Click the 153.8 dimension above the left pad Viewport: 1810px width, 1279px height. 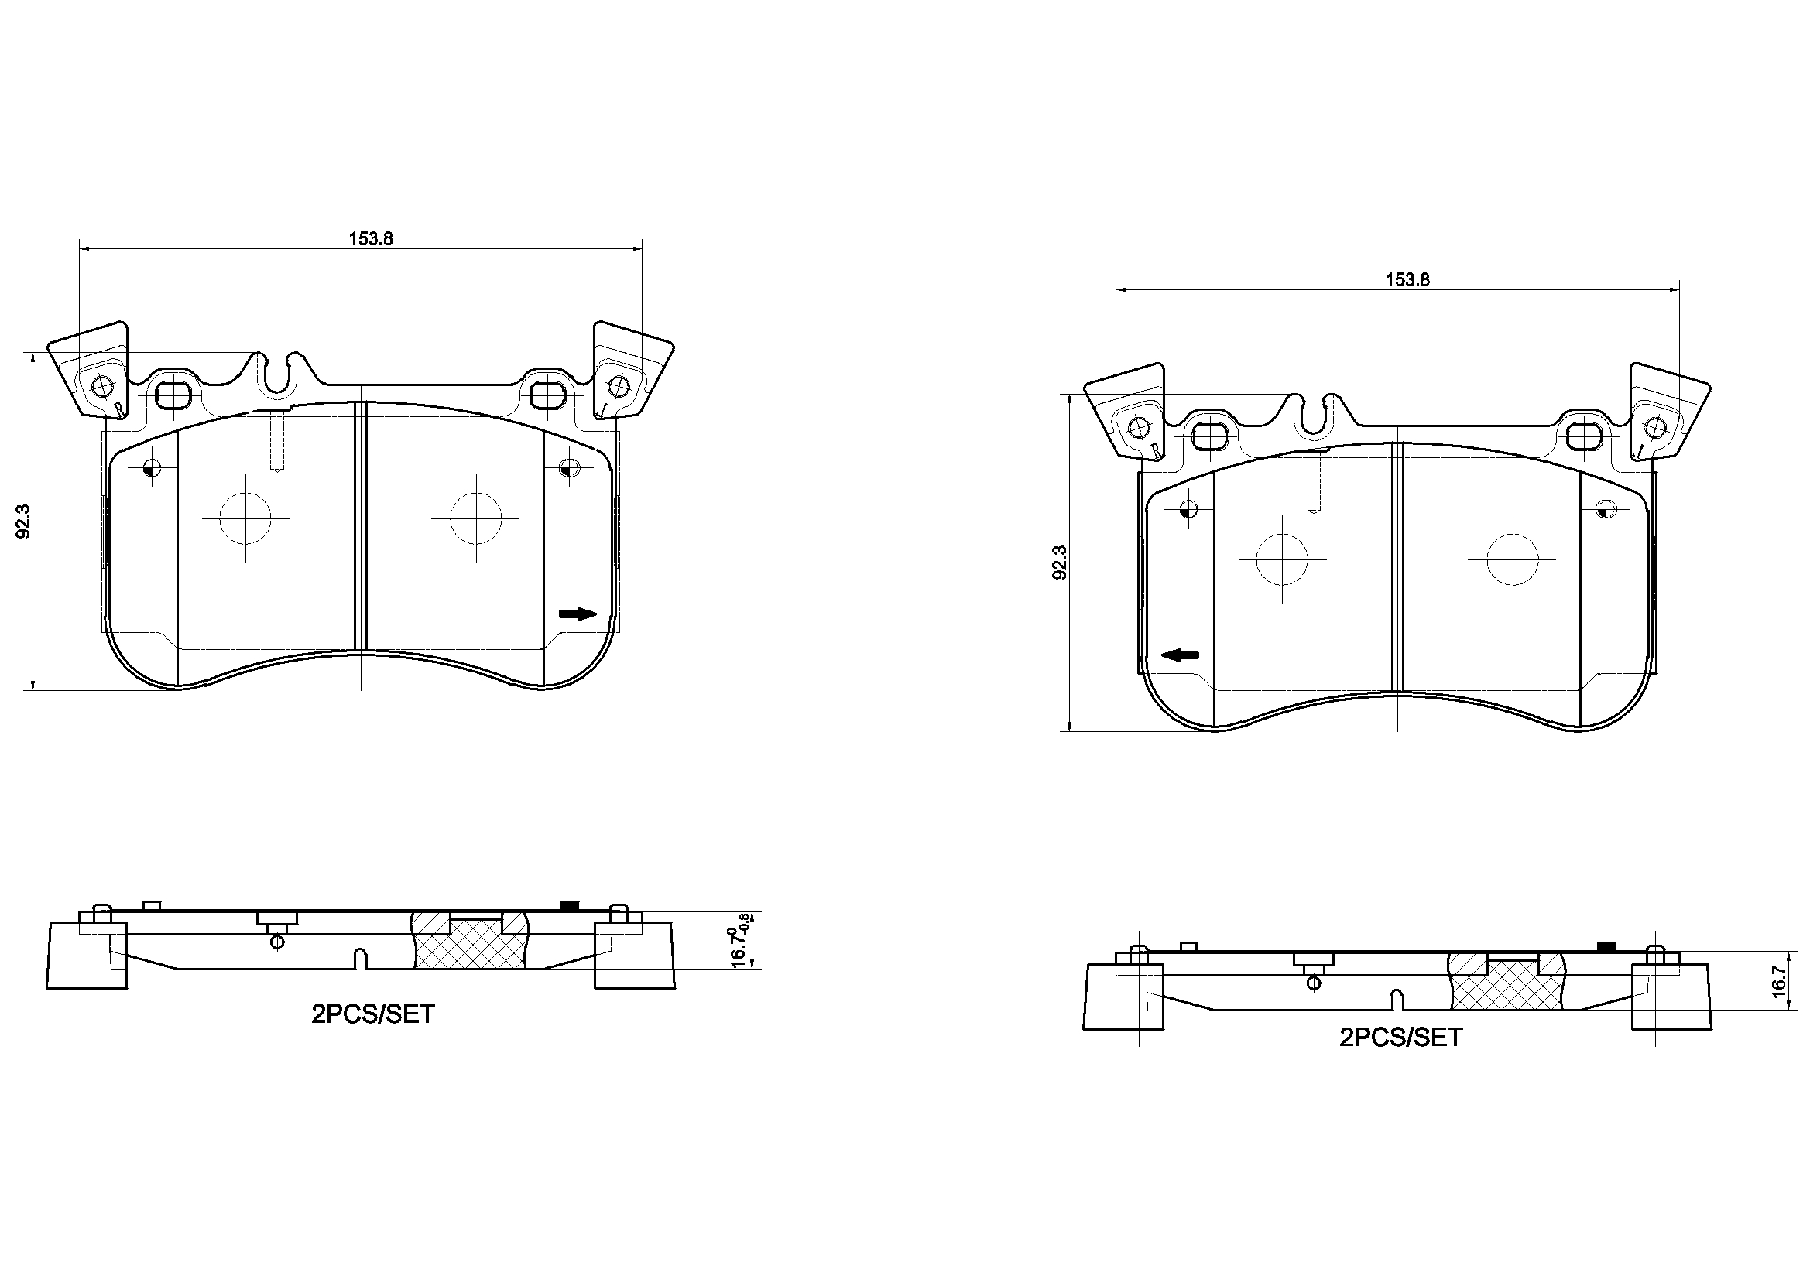371,239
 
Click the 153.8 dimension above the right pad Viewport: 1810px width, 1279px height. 1407,280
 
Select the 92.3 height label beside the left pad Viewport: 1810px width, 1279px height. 24,521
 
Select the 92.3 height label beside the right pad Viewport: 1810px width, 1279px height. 1061,563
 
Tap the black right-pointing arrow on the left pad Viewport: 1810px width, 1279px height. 578,614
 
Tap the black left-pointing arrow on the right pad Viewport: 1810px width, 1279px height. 1180,655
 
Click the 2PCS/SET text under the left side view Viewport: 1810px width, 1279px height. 373,1014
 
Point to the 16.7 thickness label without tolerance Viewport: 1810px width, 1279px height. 1777,982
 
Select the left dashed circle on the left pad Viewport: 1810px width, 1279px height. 245,518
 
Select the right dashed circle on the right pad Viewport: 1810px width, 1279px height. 1512,559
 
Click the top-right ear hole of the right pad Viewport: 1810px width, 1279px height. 1654,427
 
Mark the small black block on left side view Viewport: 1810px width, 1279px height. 567,905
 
